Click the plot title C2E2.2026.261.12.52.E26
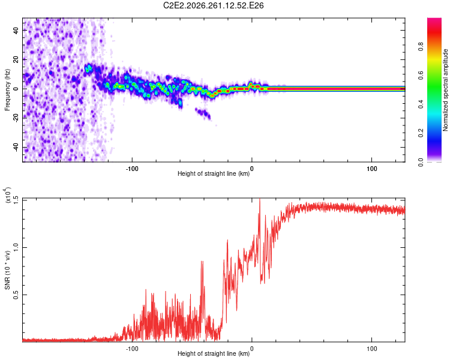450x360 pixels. pos(213,5)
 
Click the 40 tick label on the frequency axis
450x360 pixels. pos(16,31)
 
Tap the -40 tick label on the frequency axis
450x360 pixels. pos(16,148)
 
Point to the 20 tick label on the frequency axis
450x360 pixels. pos(16,60)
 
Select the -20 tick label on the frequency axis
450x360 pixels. pos(16,118)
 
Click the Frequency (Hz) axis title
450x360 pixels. pos(7,90)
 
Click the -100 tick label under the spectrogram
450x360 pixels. pos(132,169)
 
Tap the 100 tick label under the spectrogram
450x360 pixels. pos(371,169)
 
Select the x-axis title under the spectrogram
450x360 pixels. pos(214,173)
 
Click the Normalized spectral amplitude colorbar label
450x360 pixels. pos(445,90)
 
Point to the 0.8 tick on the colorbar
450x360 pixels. pos(421,47)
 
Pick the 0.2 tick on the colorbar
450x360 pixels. pos(421,133)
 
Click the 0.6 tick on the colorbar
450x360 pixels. pos(421,76)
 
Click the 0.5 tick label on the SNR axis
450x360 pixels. pos(16,295)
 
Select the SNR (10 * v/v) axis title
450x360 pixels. pos(7,270)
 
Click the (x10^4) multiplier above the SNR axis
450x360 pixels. pos(7,195)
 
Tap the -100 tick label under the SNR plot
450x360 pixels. pos(132,349)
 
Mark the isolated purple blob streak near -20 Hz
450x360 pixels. pos(203,113)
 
